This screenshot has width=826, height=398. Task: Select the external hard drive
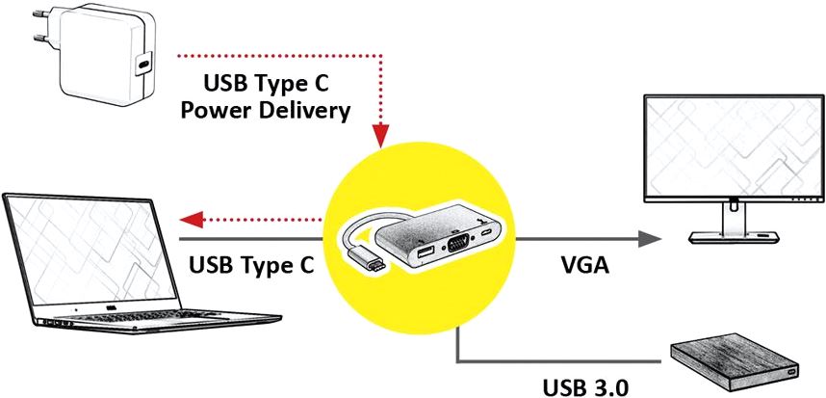pos(736,362)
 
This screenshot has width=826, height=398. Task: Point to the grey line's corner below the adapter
pos(457,362)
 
